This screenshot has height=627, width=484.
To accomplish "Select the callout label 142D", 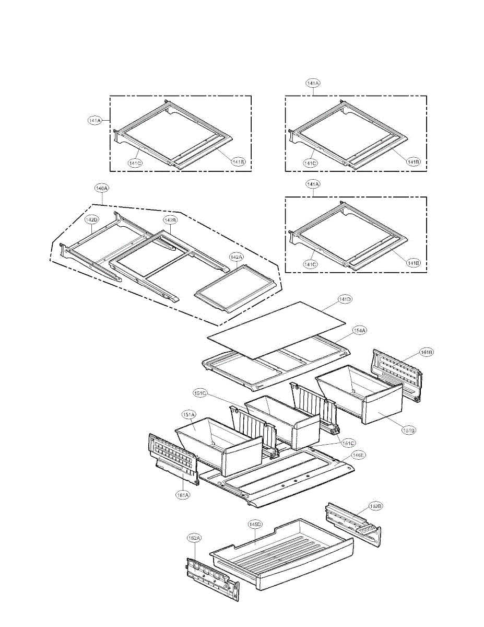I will (x=92, y=220).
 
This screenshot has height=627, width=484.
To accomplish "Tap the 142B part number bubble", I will (x=170, y=220).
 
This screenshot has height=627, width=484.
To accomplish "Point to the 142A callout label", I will (x=236, y=257).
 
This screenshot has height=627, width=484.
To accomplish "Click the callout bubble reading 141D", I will (x=345, y=299).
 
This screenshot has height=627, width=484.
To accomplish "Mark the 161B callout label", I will (x=427, y=353).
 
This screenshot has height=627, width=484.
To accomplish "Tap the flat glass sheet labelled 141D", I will (x=277, y=329).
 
